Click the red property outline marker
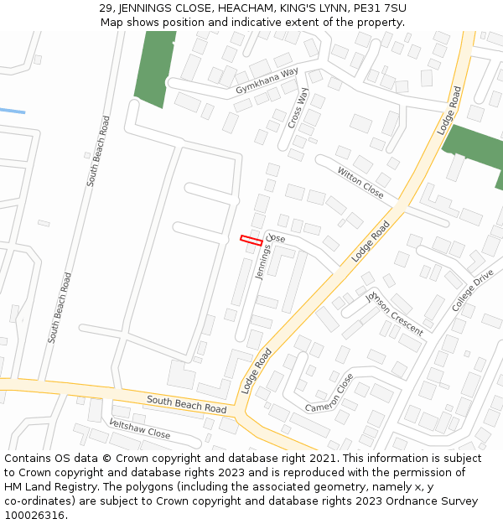click(251, 241)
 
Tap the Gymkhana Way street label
click(267, 81)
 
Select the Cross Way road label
click(297, 106)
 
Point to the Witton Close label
click(360, 183)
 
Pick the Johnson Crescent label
click(394, 313)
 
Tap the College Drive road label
click(473, 291)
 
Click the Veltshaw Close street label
click(140, 428)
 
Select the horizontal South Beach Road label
click(186, 404)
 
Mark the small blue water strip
click(12, 111)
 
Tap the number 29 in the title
click(106, 8)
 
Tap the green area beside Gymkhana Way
click(154, 69)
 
